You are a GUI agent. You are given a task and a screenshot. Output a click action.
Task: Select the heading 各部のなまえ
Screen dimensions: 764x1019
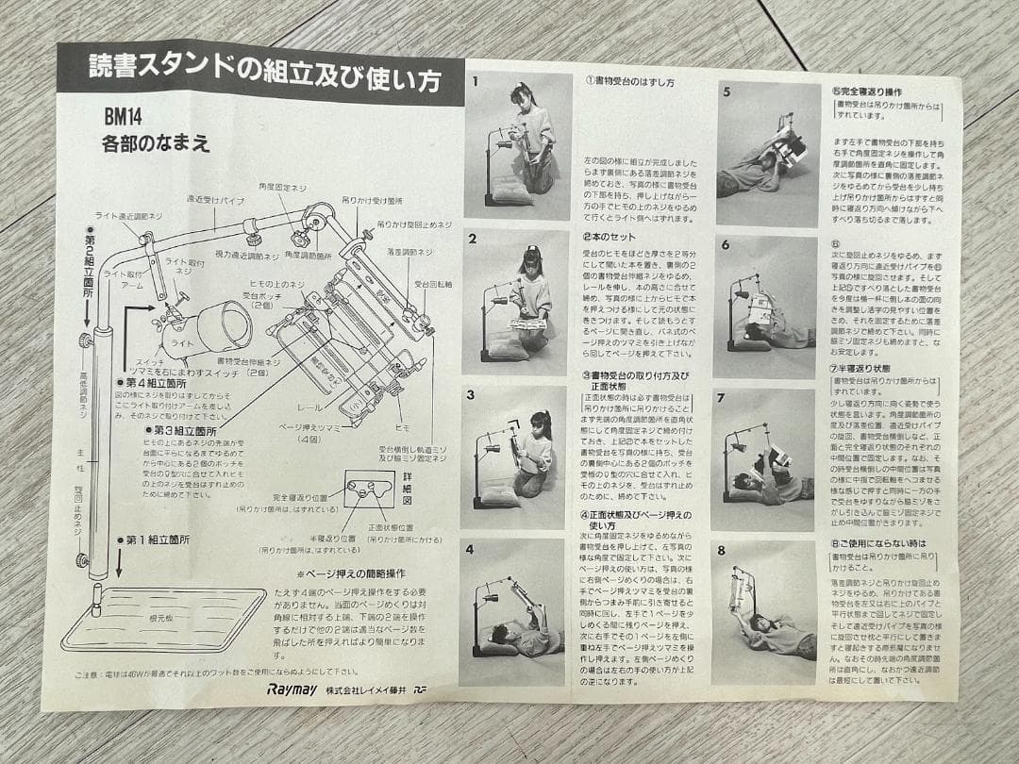pos(156,145)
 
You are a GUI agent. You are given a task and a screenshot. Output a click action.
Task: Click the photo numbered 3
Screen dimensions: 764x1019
pos(517,454)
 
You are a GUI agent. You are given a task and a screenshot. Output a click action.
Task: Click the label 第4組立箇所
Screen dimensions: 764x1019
pos(155,383)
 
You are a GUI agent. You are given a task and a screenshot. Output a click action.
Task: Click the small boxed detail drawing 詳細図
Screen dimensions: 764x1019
pos(369,490)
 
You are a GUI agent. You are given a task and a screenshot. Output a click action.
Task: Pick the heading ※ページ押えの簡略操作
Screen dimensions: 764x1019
pos(351,573)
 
